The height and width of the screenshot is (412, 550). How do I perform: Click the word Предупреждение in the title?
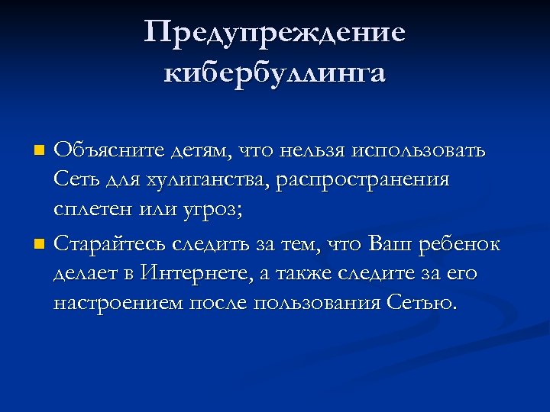pyautogui.click(x=274, y=34)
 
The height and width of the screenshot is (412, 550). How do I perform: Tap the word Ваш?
pyautogui.click(x=390, y=244)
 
